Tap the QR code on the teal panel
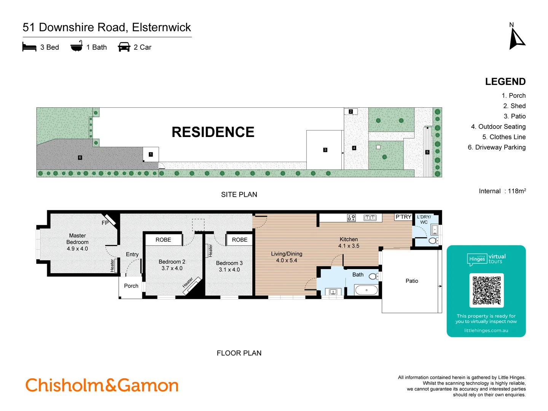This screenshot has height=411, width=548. tap(486, 290)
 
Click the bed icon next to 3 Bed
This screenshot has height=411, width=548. tap(29, 47)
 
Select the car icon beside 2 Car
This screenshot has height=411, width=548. tap(124, 47)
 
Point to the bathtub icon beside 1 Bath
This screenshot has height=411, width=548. tap(76, 46)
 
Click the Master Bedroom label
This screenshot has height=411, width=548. tap(77, 242)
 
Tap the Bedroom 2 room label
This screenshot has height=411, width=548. tap(172, 265)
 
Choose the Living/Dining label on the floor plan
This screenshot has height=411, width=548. tap(287, 257)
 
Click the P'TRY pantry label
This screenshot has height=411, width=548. tap(403, 217)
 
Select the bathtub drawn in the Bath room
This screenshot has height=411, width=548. tap(366, 290)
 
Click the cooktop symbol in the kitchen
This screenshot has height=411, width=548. tap(351, 218)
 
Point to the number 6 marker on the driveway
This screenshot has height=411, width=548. tap(80, 158)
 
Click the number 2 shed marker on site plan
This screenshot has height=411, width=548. tap(351, 112)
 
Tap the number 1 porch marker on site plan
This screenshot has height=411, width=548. tap(151, 155)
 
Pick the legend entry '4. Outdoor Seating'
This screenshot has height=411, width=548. tap(498, 127)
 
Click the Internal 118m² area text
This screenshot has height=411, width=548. tap(502, 191)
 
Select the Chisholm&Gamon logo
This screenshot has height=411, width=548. tap(102, 385)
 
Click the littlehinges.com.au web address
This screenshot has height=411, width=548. tap(486, 330)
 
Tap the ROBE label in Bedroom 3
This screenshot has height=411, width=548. tap(240, 240)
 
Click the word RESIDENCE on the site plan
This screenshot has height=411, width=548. tap(213, 132)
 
